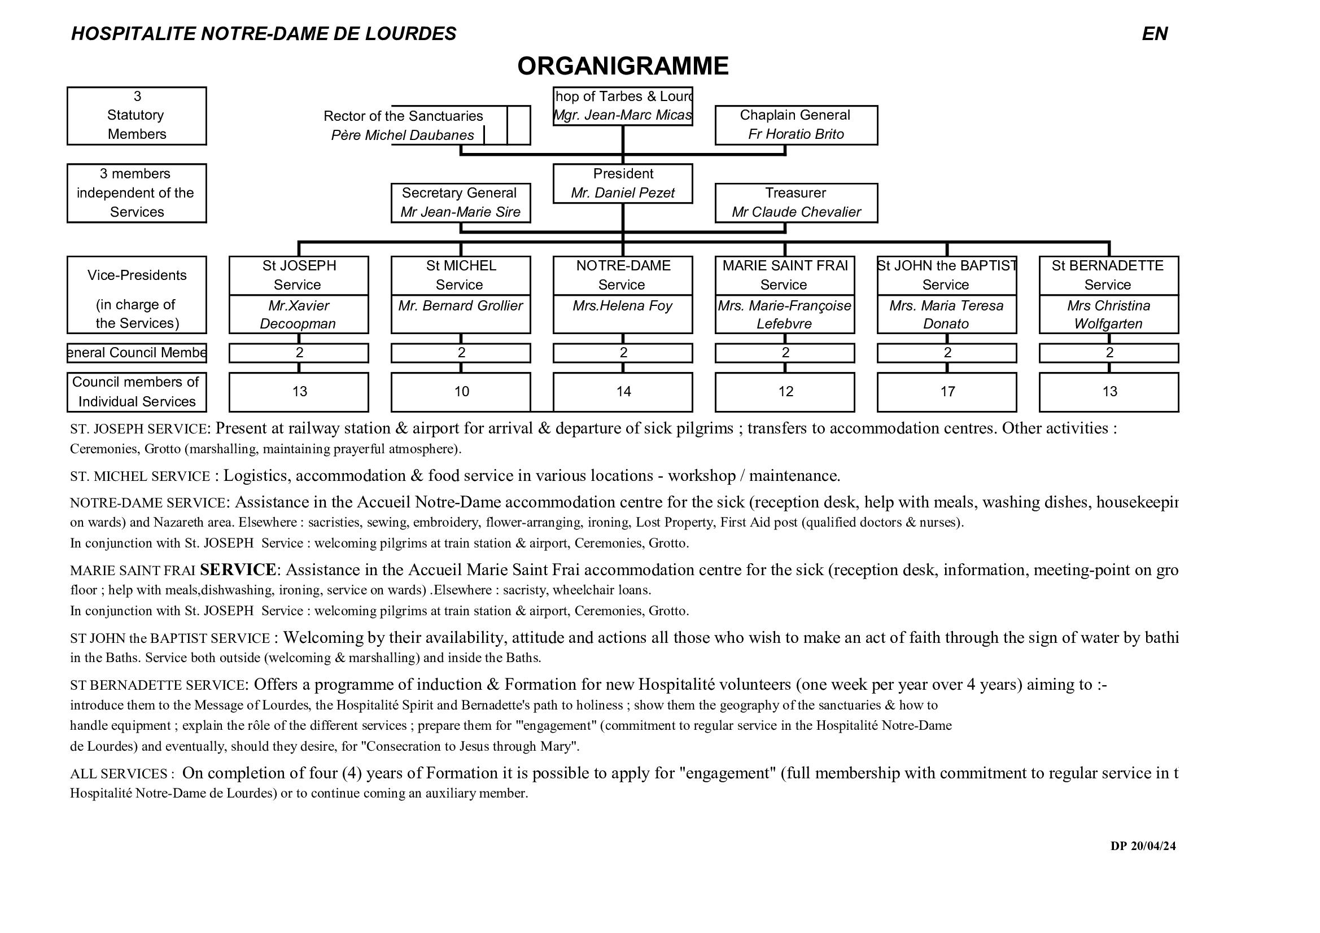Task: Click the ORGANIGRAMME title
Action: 623,66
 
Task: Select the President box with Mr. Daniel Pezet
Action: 623,183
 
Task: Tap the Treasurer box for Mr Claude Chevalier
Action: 796,203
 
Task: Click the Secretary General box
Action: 460,203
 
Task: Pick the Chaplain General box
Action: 796,125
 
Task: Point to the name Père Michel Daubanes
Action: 403,135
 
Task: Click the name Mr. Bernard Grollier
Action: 460,306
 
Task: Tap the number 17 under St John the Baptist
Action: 947,392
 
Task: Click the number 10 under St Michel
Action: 461,392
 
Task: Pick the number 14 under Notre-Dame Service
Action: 623,392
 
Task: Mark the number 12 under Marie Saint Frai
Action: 785,392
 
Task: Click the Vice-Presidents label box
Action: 137,295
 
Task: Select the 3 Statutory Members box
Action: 137,116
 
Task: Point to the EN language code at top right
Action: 1154,34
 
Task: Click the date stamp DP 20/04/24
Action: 1142,846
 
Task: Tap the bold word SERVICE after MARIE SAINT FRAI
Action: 238,570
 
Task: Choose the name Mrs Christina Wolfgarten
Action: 1108,314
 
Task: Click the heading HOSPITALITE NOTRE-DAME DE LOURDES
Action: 263,34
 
